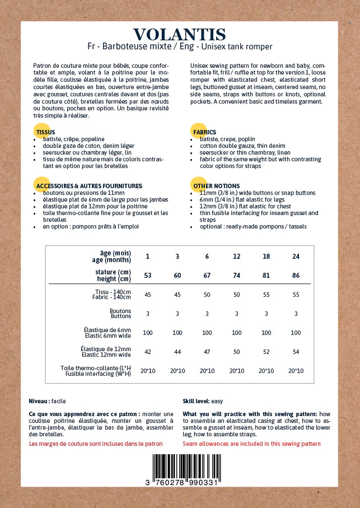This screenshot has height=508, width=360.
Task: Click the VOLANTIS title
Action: (180, 35)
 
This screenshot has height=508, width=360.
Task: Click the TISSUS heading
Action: (46, 132)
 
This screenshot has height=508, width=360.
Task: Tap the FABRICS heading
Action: (204, 132)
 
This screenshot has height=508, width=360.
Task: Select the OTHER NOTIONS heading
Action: (216, 186)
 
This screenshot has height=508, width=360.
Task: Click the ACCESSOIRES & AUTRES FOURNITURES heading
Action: (89, 186)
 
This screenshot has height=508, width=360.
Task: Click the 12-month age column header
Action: (237, 256)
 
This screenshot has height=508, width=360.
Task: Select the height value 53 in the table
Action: (148, 276)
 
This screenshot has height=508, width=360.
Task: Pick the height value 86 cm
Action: (296, 276)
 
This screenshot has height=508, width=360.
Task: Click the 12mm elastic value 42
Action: (148, 352)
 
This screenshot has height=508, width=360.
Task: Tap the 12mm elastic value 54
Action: (296, 352)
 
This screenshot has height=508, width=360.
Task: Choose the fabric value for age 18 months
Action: (266, 295)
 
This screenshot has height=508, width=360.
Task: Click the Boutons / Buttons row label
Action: (120, 314)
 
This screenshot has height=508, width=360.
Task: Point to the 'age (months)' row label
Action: (112, 260)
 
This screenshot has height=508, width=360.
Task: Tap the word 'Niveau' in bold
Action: (39, 401)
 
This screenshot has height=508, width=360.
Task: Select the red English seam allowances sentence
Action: (251, 444)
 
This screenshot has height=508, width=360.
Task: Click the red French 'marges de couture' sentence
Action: (96, 444)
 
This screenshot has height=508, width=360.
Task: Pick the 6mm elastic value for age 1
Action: (148, 333)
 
